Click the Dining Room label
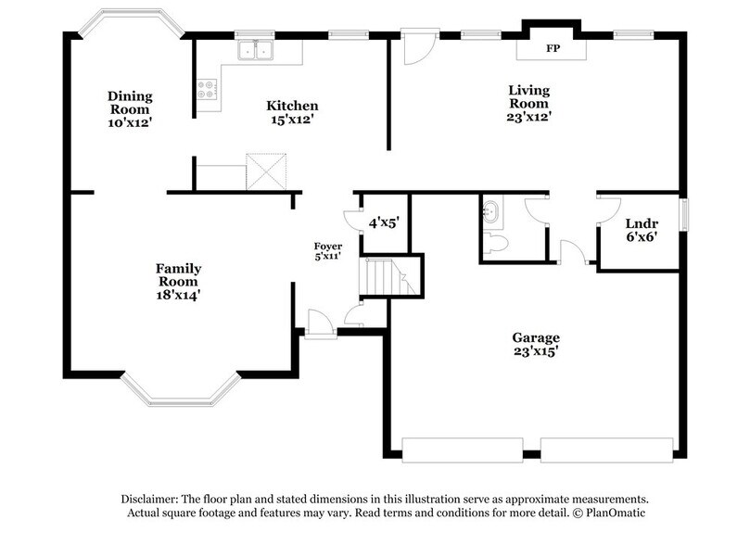pyautogui.click(x=129, y=108)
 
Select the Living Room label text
pyautogui.click(x=529, y=103)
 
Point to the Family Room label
pyautogui.click(x=178, y=282)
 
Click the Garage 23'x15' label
pyautogui.click(x=536, y=344)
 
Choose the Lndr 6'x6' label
pyautogui.click(x=641, y=231)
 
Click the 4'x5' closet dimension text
pyautogui.click(x=384, y=223)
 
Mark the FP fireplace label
pyautogui.click(x=553, y=47)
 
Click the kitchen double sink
pyautogui.click(x=254, y=51)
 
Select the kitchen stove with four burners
pyautogui.click(x=207, y=90)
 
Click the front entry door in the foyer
pyautogui.click(x=321, y=324)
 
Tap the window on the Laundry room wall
pyautogui.click(x=686, y=212)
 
